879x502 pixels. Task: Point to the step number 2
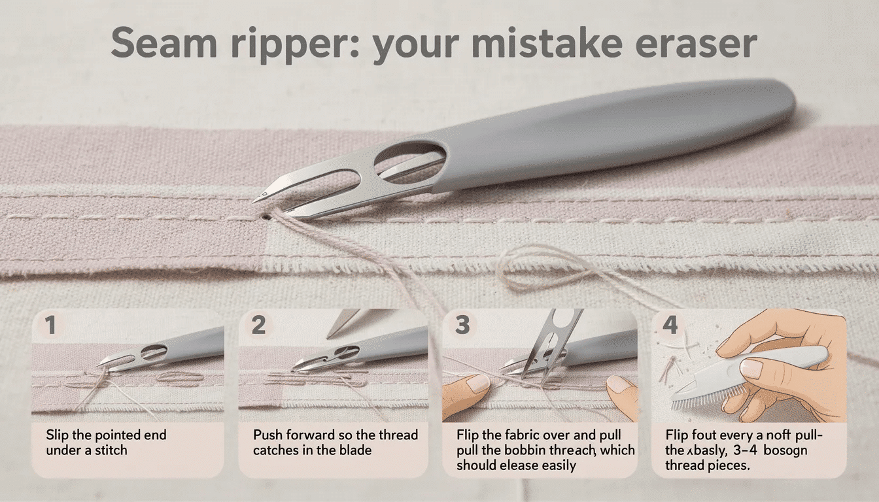click(259, 325)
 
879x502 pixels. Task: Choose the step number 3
click(462, 325)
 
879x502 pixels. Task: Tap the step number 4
click(670, 325)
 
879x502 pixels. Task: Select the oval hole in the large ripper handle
click(411, 159)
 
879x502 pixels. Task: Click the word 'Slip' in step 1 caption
click(58, 435)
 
